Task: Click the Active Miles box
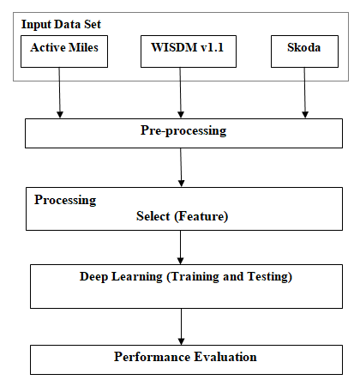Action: tap(64, 51)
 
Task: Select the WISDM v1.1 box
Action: tap(189, 51)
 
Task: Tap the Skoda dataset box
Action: tap(304, 51)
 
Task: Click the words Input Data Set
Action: tap(61, 25)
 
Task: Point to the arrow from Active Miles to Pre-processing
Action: tap(59, 93)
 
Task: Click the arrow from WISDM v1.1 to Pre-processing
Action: tap(180, 93)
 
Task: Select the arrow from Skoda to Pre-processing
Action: tap(304, 93)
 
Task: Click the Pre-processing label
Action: tap(183, 130)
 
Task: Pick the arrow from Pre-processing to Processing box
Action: tap(181, 167)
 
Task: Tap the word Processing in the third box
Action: tap(65, 200)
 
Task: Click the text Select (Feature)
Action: tap(182, 216)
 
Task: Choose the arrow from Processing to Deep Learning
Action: tap(180, 247)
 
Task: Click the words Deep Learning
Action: tap(121, 277)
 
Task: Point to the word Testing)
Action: tap(270, 277)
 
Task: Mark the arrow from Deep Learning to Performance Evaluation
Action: tap(181, 327)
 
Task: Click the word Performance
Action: tap(153, 357)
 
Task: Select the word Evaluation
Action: tap(225, 357)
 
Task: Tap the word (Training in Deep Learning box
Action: tap(193, 277)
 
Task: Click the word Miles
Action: tap(83, 47)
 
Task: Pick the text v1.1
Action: tap(212, 47)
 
